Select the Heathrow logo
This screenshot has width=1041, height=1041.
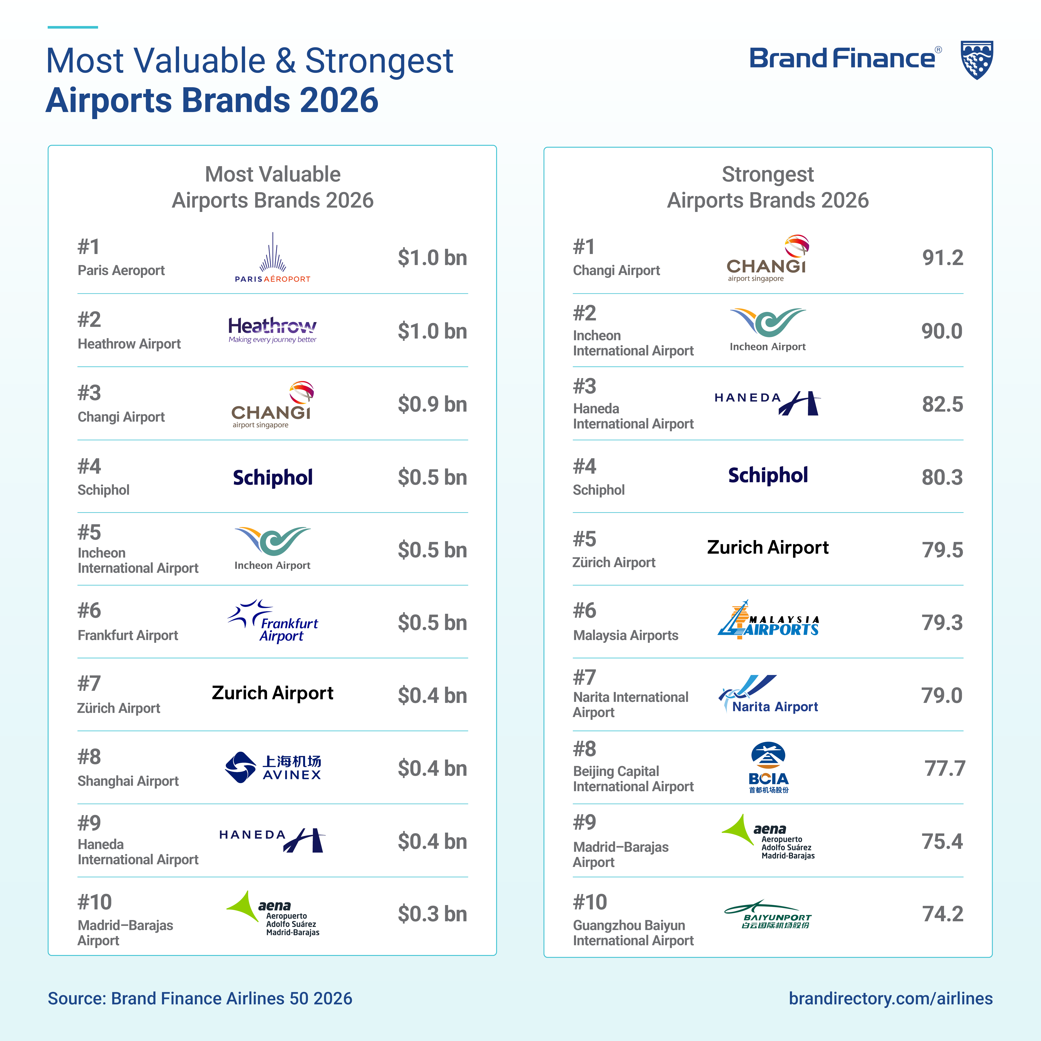click(273, 330)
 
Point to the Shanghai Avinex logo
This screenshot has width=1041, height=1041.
click(273, 767)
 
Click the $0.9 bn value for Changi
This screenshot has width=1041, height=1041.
click(432, 404)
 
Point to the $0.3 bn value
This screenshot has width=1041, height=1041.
click(432, 914)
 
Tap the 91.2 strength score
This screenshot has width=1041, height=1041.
click(942, 258)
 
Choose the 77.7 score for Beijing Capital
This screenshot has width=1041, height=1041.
click(945, 768)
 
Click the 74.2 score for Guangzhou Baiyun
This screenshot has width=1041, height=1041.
click(942, 914)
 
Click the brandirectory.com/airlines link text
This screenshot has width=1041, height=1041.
click(890, 999)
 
